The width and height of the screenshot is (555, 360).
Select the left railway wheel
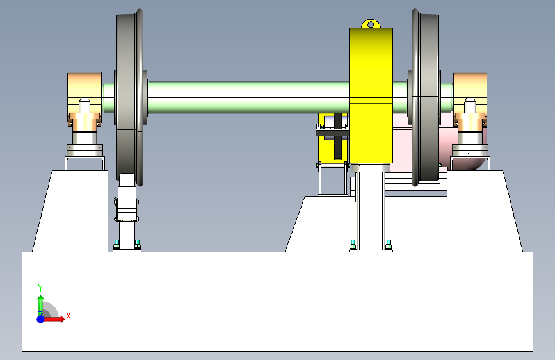pos(130,97)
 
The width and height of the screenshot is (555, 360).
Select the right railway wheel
pos(425,97)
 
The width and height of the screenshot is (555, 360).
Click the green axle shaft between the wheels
pos(248,97)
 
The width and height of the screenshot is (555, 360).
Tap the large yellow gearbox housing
pos(371,95)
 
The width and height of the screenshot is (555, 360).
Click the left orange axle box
pos(84,99)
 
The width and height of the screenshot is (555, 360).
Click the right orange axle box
pos(470,99)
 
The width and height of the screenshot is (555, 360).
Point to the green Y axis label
pos(40,288)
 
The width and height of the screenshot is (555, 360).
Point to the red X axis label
pos(68,316)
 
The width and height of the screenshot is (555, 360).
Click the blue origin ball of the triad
pos(41,319)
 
